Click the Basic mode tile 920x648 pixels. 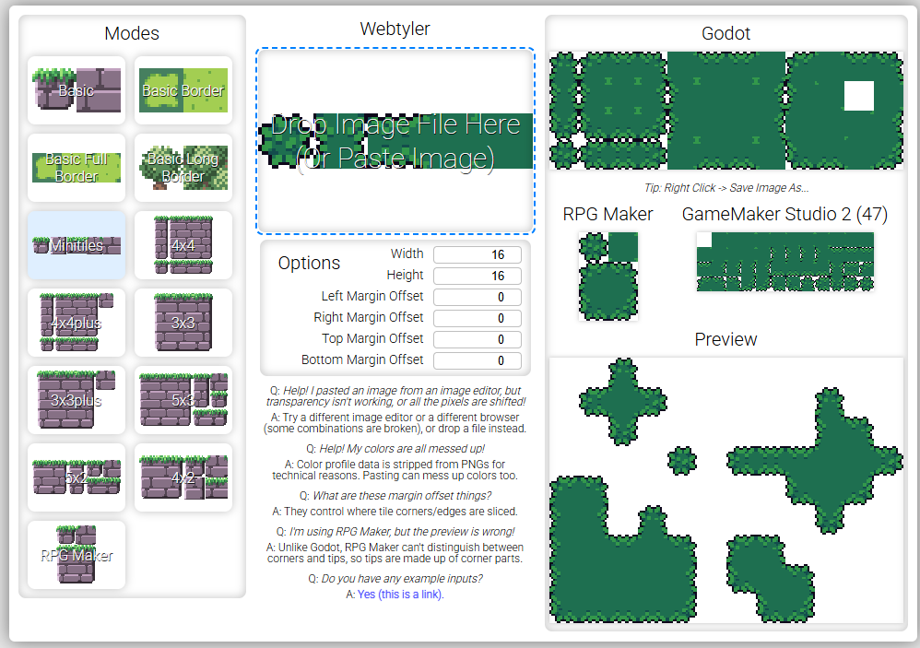[77, 90]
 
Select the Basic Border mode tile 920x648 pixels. [183, 90]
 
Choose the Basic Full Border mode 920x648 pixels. [77, 168]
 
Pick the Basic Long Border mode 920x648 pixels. [183, 168]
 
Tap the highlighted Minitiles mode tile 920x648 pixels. [77, 245]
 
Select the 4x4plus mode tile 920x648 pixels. [77, 323]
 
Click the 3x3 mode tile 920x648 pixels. [183, 323]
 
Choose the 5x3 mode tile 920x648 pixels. [183, 400]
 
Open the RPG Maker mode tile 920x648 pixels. [77, 555]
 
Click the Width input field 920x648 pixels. [477, 254]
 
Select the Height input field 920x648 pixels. [477, 276]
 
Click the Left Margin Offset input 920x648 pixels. [477, 297]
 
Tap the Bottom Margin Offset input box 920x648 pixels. [477, 360]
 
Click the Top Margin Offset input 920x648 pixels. [477, 339]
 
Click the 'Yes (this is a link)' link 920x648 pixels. [400, 595]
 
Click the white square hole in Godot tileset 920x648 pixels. [858, 96]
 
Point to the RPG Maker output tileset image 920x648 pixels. [607, 276]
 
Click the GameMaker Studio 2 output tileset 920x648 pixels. [784, 262]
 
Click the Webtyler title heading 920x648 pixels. [395, 29]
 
